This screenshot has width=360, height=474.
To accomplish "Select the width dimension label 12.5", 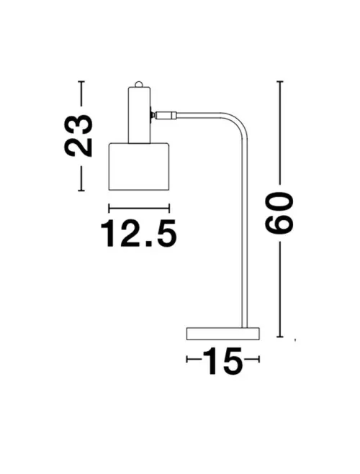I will point(138,233).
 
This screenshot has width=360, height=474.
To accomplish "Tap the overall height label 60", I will point(280,214).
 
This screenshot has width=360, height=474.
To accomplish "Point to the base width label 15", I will point(222,362).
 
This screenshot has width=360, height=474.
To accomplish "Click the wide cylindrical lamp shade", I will point(138,167).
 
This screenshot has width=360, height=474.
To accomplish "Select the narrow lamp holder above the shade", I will point(139,114).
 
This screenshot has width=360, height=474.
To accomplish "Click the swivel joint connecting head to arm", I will point(163,114).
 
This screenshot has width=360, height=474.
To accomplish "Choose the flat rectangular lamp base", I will point(222,333).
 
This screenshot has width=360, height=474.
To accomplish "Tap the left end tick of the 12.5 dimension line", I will point(108,209).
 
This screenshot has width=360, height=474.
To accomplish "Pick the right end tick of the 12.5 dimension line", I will point(169,209).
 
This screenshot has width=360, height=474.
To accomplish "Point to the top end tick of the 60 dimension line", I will point(279,81).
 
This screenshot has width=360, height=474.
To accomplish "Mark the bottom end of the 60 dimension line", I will point(279,336).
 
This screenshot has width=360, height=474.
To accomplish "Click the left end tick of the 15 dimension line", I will point(186,359).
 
